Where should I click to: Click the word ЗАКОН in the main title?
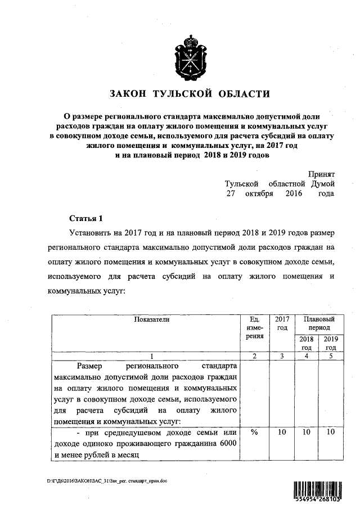(x=130, y=93)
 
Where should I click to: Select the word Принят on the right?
(x=322, y=175)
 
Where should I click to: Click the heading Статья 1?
(x=86, y=218)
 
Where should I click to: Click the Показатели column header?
(x=151, y=319)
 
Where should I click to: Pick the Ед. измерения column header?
(x=255, y=327)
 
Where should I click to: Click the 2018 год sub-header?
(x=306, y=344)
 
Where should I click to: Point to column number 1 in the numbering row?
(x=151, y=356)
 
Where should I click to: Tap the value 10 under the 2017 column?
(x=282, y=432)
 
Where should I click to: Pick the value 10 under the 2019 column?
(x=331, y=432)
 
